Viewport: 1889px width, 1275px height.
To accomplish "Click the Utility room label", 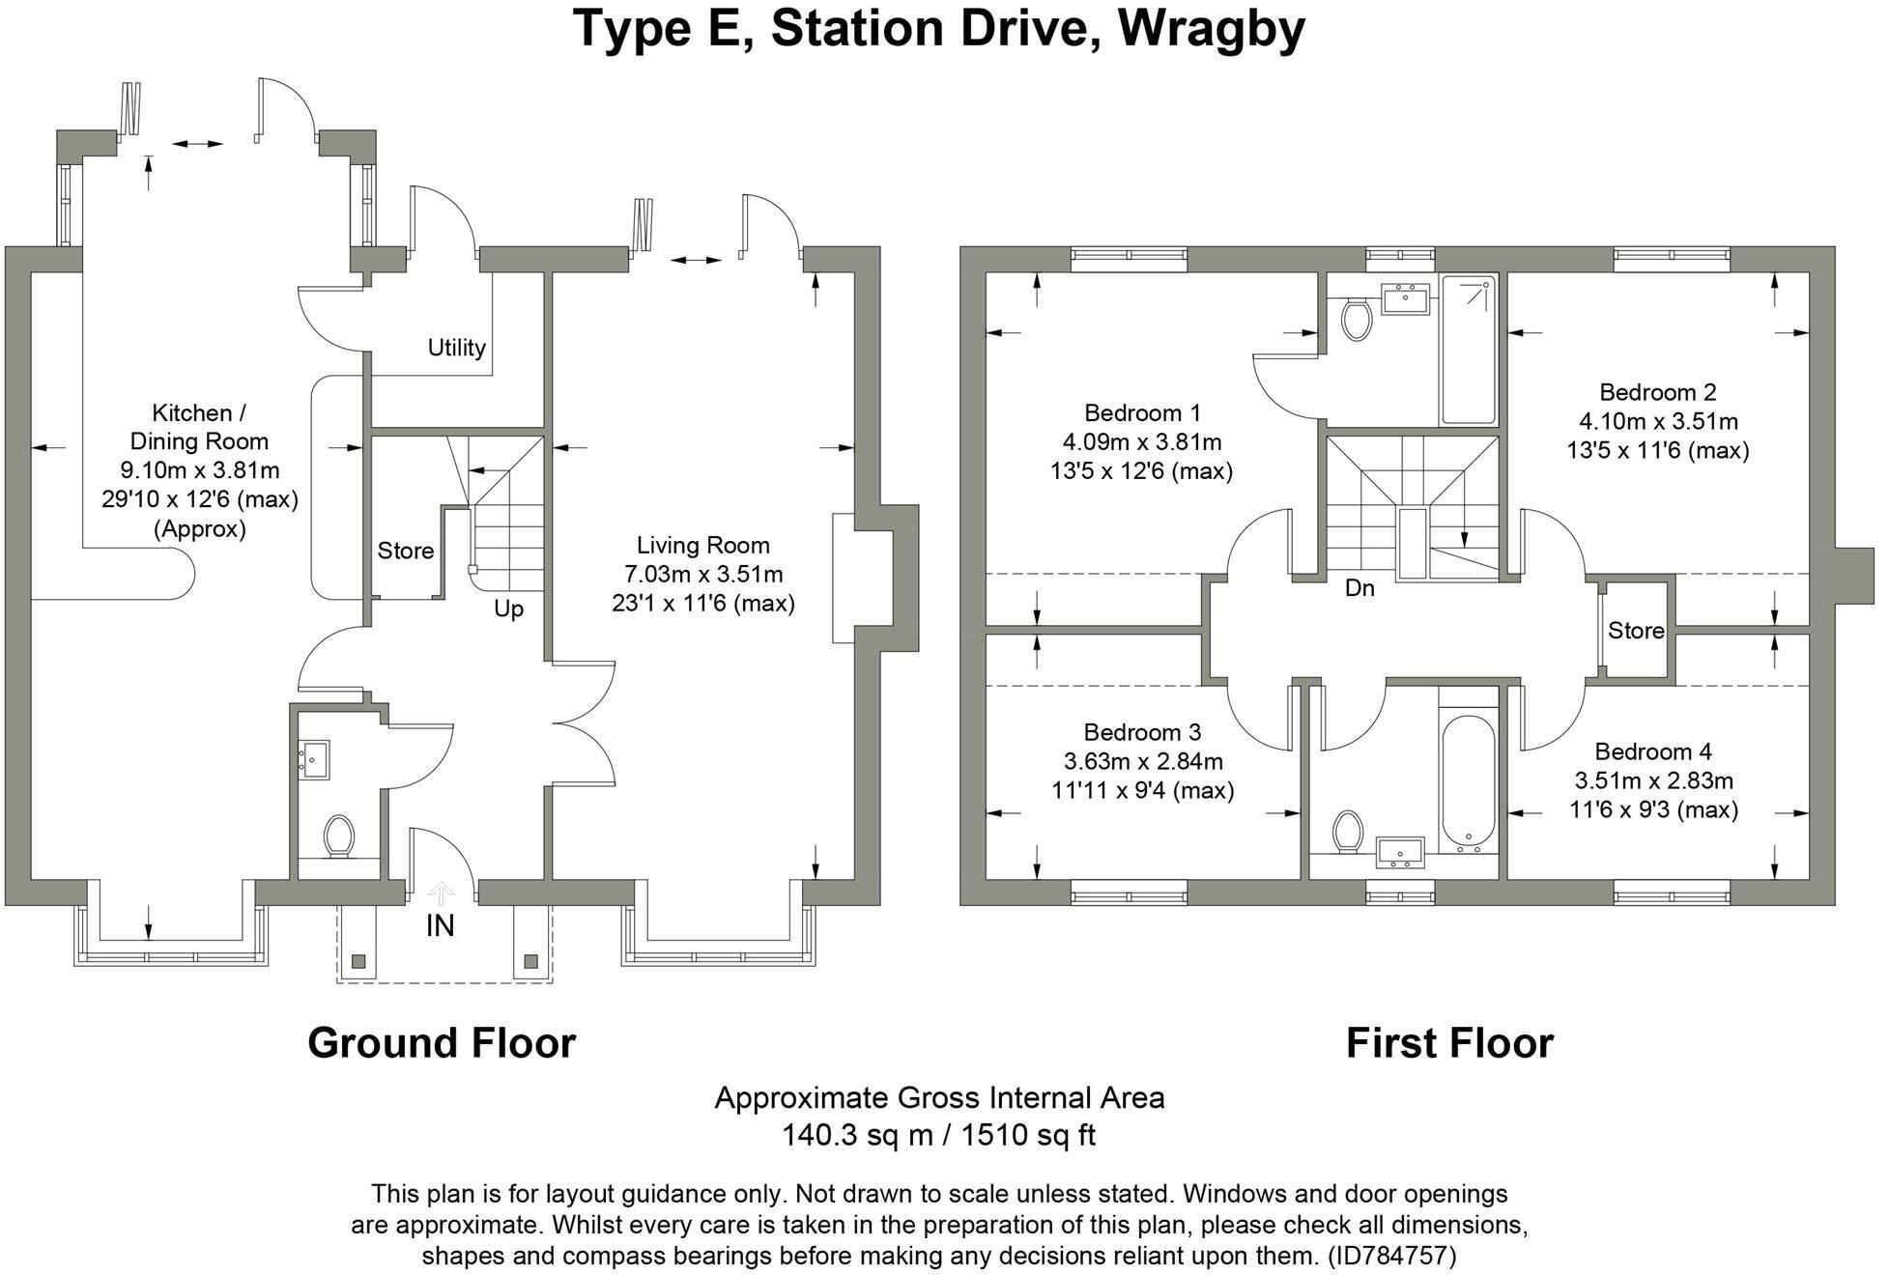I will click(x=456, y=348).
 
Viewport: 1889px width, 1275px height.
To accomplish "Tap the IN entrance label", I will click(x=440, y=926).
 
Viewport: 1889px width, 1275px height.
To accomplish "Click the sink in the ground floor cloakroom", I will click(x=315, y=759).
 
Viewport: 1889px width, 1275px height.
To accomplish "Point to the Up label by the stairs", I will click(x=508, y=609).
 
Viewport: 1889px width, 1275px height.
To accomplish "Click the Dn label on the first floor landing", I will click(x=1359, y=588).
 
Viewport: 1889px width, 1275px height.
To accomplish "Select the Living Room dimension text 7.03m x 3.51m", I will click(x=703, y=575).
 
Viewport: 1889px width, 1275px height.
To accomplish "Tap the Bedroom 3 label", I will click(x=1142, y=732).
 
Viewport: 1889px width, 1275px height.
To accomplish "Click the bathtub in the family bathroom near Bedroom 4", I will click(x=1468, y=782).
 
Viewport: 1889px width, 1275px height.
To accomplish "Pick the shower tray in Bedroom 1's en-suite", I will click(x=1468, y=350).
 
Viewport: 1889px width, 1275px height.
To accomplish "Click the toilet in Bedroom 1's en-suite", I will click(x=1358, y=319).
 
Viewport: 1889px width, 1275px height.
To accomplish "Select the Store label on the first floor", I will click(x=1635, y=631).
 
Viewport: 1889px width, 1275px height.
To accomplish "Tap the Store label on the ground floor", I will click(x=405, y=551).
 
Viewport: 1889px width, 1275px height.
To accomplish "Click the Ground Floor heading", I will click(x=442, y=1043).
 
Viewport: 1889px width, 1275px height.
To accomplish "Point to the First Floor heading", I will click(x=1448, y=1043).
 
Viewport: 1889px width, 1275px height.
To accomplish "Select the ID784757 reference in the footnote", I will click(x=1391, y=1256).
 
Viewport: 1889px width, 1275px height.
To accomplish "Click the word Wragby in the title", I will click(x=1211, y=28).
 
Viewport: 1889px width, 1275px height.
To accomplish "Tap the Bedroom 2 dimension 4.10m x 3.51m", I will click(x=1657, y=422).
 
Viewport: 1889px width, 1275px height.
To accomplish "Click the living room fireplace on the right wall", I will click(x=844, y=578).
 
